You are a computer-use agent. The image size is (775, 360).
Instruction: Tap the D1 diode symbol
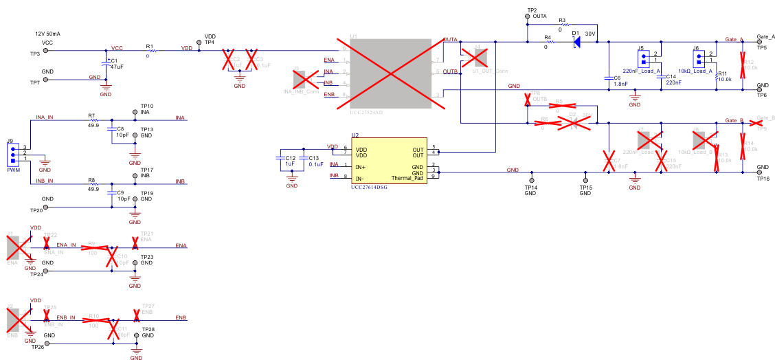(x=576, y=42)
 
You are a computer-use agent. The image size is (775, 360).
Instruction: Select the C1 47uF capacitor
(x=105, y=64)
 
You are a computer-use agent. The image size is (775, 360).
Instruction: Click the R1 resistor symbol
(x=152, y=50)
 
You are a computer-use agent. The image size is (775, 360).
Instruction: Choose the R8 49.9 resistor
(x=93, y=184)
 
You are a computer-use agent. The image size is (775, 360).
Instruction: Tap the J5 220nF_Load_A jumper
(x=644, y=57)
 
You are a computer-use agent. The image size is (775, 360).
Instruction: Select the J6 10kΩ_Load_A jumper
(x=701, y=57)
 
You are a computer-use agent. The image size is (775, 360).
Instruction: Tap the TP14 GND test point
(x=530, y=181)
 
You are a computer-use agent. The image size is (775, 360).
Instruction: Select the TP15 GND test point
(x=584, y=181)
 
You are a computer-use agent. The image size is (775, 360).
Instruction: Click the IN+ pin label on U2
(x=361, y=166)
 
